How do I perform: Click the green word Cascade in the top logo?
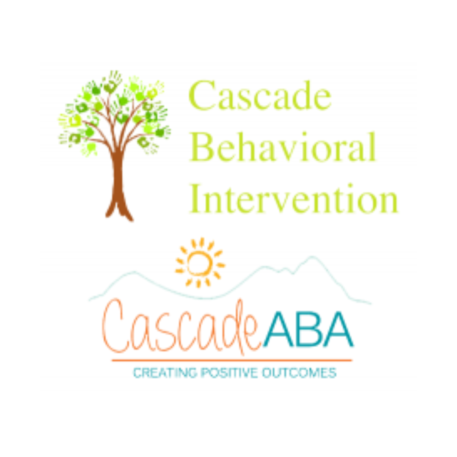260,96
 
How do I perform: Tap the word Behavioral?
283,146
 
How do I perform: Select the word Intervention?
294,198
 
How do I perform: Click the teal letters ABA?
308,329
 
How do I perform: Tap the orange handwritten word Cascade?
181,327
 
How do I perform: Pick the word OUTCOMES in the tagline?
299,373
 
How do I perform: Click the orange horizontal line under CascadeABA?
232,361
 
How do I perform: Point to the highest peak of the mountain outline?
312,257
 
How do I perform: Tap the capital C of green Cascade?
202,96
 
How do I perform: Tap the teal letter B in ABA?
308,329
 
